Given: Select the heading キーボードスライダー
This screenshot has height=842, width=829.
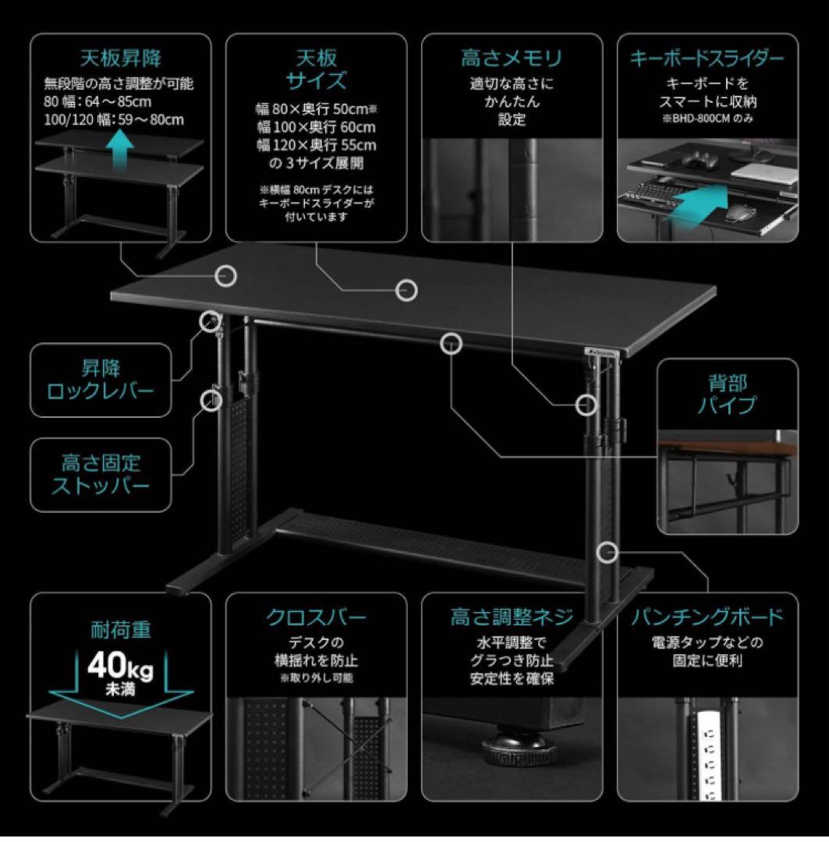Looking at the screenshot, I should (707, 58).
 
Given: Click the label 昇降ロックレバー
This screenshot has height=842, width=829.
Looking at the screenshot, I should (101, 378).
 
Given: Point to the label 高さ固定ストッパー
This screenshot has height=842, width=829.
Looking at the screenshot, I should (101, 473).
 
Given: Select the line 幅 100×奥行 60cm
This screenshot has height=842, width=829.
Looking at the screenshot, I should (317, 126).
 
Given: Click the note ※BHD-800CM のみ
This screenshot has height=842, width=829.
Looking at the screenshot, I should (707, 119).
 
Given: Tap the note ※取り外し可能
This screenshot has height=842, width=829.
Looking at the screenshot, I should (316, 678).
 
